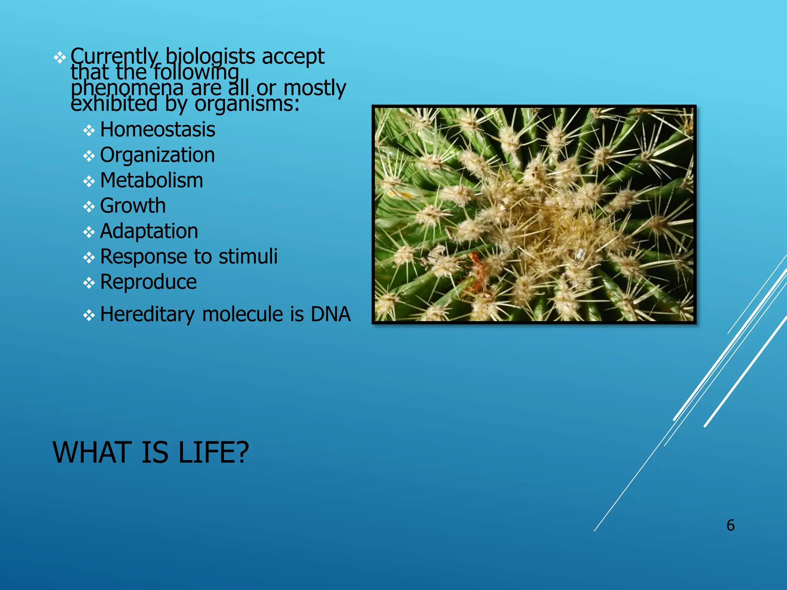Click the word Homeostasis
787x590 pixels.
(x=158, y=130)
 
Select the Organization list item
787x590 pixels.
(x=157, y=156)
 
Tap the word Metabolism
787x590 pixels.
(x=151, y=181)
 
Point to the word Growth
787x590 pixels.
(x=133, y=206)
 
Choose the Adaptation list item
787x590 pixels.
(x=149, y=231)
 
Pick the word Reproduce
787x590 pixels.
(x=148, y=282)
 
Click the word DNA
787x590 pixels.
(x=330, y=314)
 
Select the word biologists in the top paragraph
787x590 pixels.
(x=210, y=57)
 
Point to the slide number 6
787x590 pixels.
(x=730, y=525)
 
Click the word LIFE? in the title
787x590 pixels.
(x=214, y=452)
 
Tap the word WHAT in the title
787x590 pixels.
(x=93, y=452)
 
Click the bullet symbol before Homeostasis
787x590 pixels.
(x=89, y=131)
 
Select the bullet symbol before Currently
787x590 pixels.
(x=60, y=58)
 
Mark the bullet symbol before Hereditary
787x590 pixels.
(x=89, y=315)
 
